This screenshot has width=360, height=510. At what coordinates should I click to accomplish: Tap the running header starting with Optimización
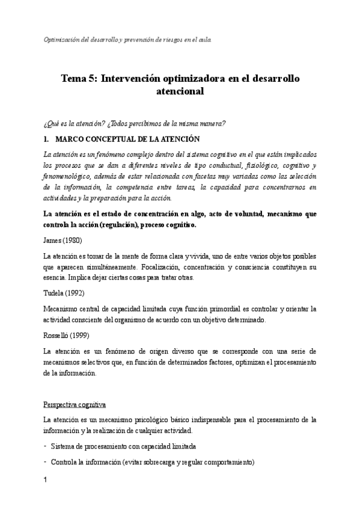pos(128,40)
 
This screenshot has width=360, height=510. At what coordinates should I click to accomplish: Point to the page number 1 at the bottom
pos(46,480)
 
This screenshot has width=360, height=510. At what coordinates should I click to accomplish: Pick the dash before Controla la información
pos(46,462)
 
